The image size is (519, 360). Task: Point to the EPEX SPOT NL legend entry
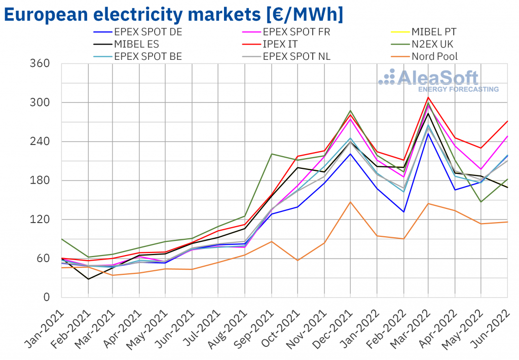pyautogui.click(x=296, y=56)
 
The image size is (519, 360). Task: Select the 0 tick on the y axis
pyautogui.click(x=46, y=298)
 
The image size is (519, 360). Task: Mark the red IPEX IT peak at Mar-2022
pyautogui.click(x=428, y=97)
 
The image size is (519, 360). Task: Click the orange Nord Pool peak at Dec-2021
pyautogui.click(x=350, y=202)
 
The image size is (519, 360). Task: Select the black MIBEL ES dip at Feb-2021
pyautogui.click(x=88, y=279)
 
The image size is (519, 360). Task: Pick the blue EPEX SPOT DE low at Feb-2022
pyautogui.click(x=403, y=212)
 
